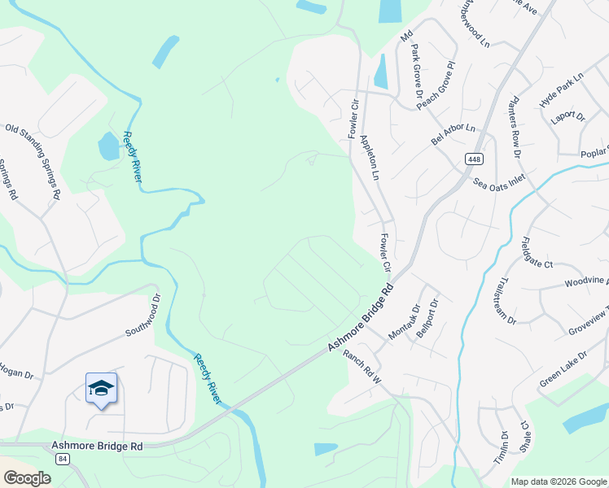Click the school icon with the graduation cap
pos(101,388)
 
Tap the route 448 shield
pos(475,159)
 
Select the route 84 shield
pos(64,460)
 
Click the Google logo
pos(27,478)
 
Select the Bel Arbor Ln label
pos(453,131)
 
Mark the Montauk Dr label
pos(404,321)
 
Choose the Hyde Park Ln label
pos(562,90)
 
